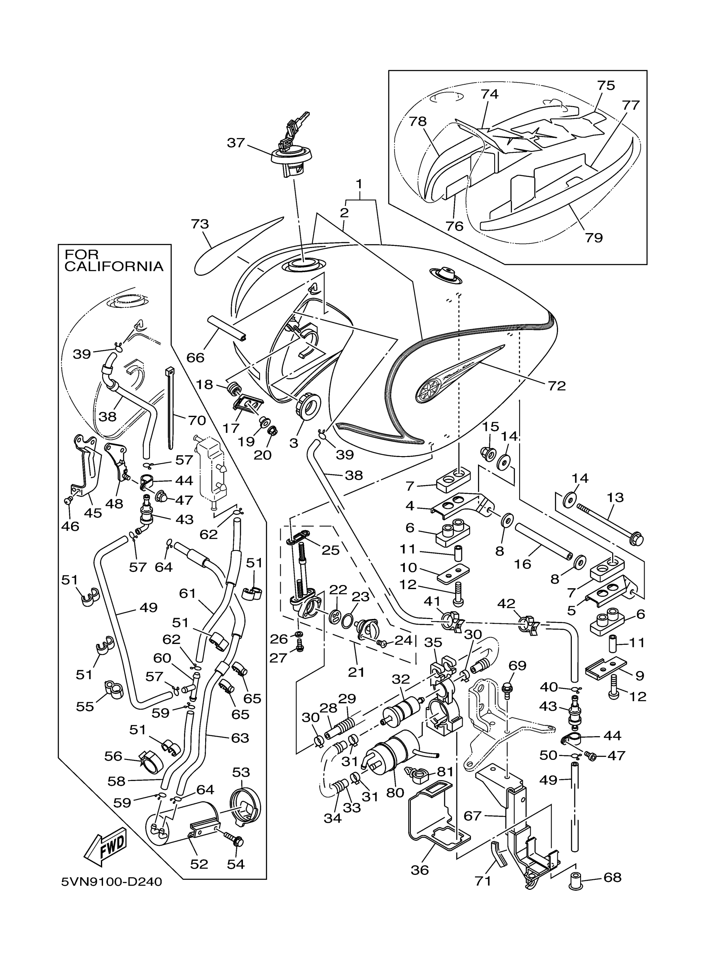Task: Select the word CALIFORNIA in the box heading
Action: tap(114, 267)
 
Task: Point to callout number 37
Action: tap(235, 143)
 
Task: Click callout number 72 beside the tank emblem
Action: tap(556, 386)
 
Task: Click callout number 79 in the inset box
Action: tap(594, 237)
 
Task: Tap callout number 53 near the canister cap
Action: tap(240, 773)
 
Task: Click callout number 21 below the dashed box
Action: tap(356, 672)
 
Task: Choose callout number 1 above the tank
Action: tap(359, 185)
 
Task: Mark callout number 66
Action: tap(196, 357)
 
